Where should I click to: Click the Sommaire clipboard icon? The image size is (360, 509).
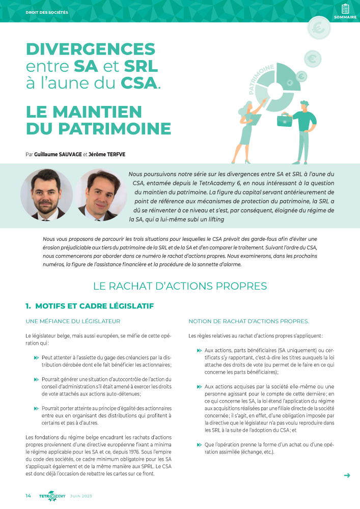coord(345,9)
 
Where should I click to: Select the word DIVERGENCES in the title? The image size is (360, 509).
coord(91,49)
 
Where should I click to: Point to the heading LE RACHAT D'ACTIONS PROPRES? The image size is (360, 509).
coord(180,286)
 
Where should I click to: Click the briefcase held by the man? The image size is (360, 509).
coord(284,120)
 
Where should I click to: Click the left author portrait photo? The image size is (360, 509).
coord(46,194)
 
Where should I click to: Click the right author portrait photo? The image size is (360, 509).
coord(101,194)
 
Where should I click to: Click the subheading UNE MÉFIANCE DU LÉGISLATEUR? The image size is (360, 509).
coord(73,321)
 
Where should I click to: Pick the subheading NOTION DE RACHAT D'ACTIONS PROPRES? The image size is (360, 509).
coord(248,321)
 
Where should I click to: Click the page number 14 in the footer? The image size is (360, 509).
coord(29,496)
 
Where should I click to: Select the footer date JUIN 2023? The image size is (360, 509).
coord(81,496)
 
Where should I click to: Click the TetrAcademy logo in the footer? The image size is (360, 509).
coord(52,496)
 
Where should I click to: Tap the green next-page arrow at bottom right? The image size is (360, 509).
coord(347,475)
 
